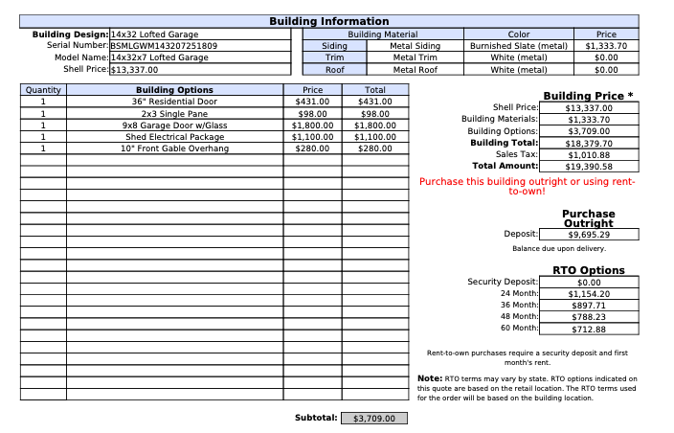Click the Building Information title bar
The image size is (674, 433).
(328, 21)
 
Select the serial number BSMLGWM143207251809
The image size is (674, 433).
(164, 45)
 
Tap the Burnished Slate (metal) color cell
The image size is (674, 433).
(518, 45)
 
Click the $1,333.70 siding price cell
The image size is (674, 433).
(605, 45)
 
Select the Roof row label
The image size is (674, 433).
(334, 70)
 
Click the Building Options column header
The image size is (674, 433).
(174, 90)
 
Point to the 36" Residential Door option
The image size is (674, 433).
(174, 102)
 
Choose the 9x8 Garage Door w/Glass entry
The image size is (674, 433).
(174, 125)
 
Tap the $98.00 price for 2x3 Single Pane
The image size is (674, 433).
(312, 113)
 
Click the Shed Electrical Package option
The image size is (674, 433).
(174, 137)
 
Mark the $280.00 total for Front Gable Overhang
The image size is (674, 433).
(375, 148)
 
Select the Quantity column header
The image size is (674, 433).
(43, 90)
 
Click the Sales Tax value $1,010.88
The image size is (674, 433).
(589, 154)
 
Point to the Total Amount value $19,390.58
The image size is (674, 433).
(589, 166)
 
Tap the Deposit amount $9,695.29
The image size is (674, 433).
(589, 234)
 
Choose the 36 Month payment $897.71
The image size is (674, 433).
(589, 306)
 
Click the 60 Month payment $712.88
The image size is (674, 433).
(589, 330)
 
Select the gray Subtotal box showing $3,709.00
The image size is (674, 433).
(374, 419)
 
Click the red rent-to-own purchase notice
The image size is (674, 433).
(528, 186)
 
